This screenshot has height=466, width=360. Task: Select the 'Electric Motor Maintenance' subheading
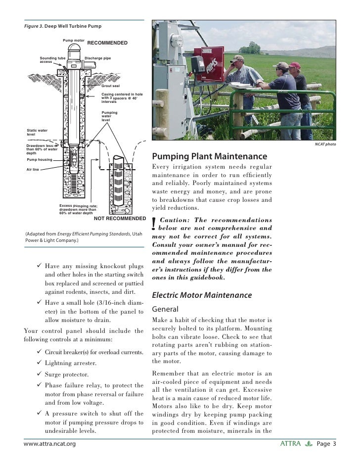pyautogui.click(x=202, y=295)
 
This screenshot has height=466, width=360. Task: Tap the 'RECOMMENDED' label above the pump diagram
pyautogui.click(x=107, y=43)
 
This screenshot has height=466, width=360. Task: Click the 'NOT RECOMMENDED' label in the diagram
pyautogui.click(x=120, y=218)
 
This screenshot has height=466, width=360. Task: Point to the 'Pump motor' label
pyautogui.click(x=73, y=39)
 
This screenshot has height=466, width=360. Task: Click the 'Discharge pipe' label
pyautogui.click(x=97, y=58)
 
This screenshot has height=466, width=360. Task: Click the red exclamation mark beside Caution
pyautogui.click(x=155, y=224)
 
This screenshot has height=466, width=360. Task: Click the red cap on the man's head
pyautogui.click(x=295, y=65)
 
